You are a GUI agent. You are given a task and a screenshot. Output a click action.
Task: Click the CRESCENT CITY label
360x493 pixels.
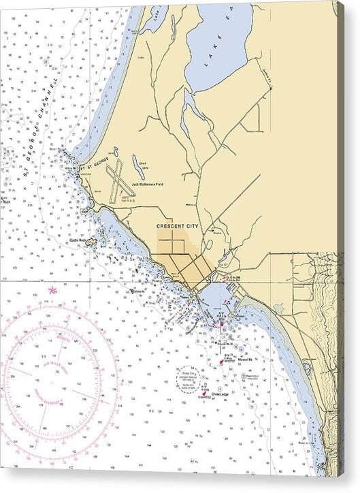(176, 225)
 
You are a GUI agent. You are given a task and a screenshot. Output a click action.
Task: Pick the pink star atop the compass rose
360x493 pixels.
(52, 291)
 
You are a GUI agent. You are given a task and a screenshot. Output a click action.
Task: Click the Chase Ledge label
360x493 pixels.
(220, 394)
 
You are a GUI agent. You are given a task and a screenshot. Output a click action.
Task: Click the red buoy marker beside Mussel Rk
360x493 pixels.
(222, 362)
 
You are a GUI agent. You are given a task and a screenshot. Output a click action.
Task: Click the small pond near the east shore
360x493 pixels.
(278, 308)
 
